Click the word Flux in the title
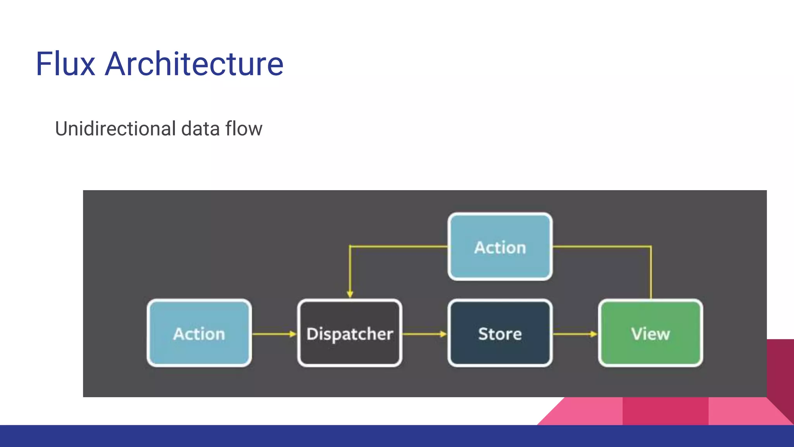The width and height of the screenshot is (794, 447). pos(65,64)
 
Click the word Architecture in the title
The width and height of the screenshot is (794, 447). pos(194,64)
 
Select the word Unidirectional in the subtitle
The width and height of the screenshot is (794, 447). pos(115,129)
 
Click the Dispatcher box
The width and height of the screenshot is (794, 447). pos(350,333)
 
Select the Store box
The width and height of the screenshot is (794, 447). pos(500,333)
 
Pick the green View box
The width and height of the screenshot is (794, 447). pos(650,333)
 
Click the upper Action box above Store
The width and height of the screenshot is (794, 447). pos(500,247)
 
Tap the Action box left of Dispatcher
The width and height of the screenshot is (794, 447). pos(199,333)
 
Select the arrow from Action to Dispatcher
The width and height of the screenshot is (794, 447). pos(274,334)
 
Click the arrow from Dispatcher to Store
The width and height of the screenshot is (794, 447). pos(424,334)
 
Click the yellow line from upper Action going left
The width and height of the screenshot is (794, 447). pos(399,246)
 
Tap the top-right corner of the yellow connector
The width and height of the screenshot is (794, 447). pos(651,246)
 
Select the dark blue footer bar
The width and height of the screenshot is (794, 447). pos(397,436)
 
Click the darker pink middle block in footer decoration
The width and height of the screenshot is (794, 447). pos(665,411)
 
